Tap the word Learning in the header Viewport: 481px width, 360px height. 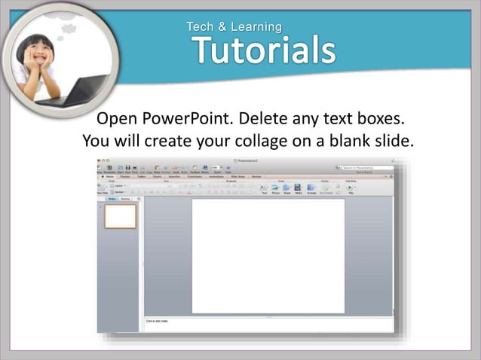coord(256,27)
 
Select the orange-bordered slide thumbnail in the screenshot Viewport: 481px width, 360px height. coord(120,216)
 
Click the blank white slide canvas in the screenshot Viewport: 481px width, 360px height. coord(268,256)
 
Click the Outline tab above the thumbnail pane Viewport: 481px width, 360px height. coord(125,199)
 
